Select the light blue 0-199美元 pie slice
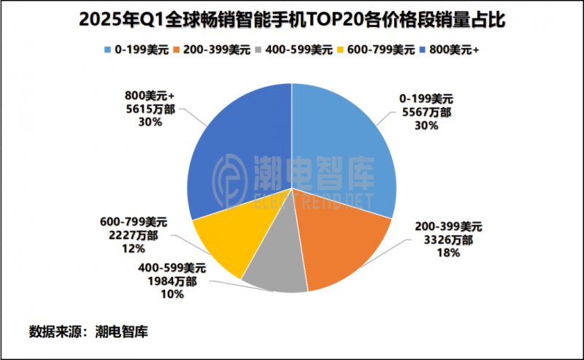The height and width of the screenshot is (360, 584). click(x=343, y=153)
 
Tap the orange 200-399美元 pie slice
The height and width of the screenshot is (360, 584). click(x=343, y=248)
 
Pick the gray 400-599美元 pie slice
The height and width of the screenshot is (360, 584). click(x=276, y=274)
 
